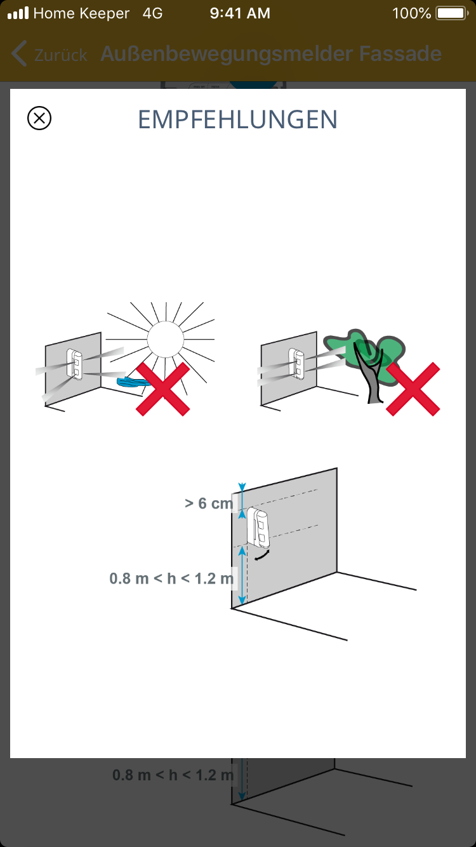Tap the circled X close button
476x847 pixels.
pos(39,118)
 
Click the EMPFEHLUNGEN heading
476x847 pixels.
pos(237,119)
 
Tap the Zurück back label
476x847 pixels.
pos(61,55)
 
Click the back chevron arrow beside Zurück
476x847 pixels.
pos(19,54)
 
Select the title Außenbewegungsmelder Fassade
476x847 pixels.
pos(271,53)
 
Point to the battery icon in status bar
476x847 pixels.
pos(452,13)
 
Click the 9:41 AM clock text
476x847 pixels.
pos(240,13)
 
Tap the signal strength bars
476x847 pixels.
pos(18,13)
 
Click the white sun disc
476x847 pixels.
pos(165,339)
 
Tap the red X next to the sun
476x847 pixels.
pos(162,389)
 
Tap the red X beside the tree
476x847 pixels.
pos(413,389)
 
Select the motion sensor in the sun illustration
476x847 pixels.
pos(74,364)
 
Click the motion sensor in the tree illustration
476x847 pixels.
pos(296,363)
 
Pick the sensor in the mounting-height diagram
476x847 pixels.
pos(258,528)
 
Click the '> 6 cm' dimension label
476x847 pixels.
pos(209,504)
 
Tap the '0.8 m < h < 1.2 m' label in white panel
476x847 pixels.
pos(171,578)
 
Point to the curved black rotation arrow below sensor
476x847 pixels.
pos(262,556)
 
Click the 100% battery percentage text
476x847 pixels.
pos(411,13)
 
